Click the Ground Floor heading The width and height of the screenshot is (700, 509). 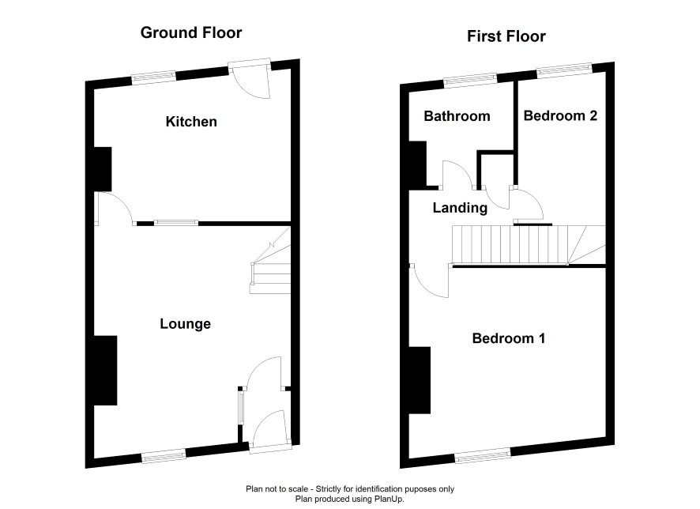pos(191,32)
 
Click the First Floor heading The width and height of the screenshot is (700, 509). pos(506,36)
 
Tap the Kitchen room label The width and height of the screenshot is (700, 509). pos(191,122)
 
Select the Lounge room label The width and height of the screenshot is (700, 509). pos(185,324)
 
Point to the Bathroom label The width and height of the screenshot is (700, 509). pos(457,116)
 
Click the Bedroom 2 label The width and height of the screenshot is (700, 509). pos(560,115)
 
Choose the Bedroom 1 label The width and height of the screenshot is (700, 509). pos(509,338)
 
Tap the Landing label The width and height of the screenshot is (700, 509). pos(460,208)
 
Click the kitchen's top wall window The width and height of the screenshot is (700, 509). pos(154,77)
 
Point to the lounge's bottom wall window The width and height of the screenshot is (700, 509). pos(164,455)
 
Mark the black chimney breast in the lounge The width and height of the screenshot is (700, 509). pos(106,371)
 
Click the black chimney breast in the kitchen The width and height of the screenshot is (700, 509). pos(102,169)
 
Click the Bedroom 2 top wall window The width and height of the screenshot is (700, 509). pos(564,70)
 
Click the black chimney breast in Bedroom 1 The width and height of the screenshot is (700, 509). pos(420,380)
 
